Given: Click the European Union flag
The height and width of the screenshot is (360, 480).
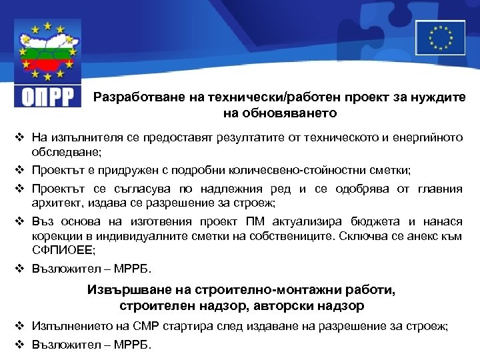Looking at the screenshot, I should (440, 37).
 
